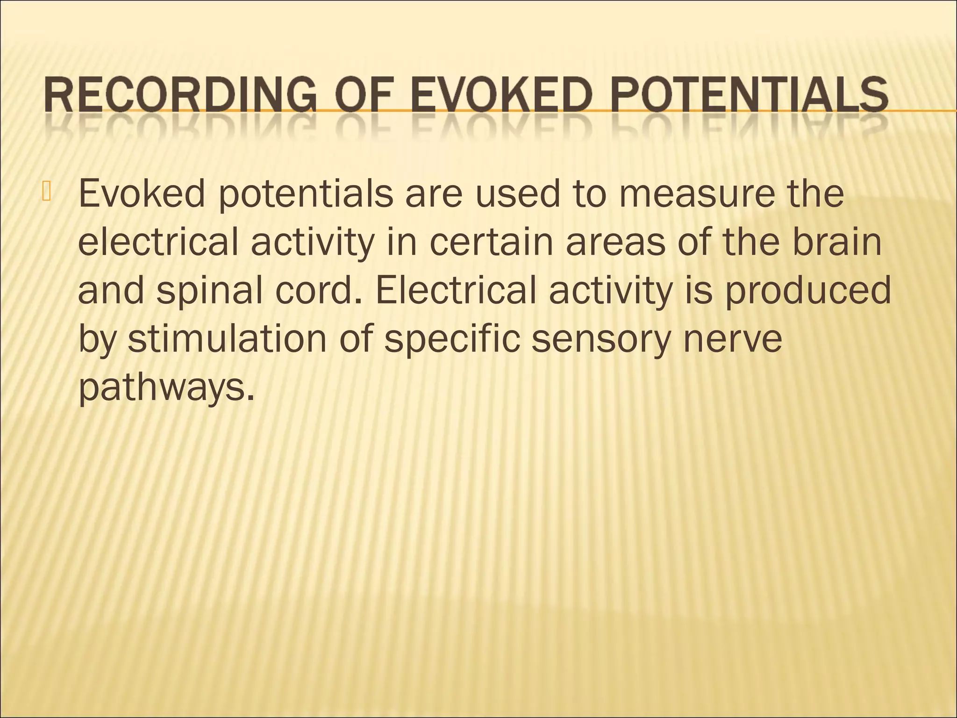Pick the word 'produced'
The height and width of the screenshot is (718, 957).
[808, 290]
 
